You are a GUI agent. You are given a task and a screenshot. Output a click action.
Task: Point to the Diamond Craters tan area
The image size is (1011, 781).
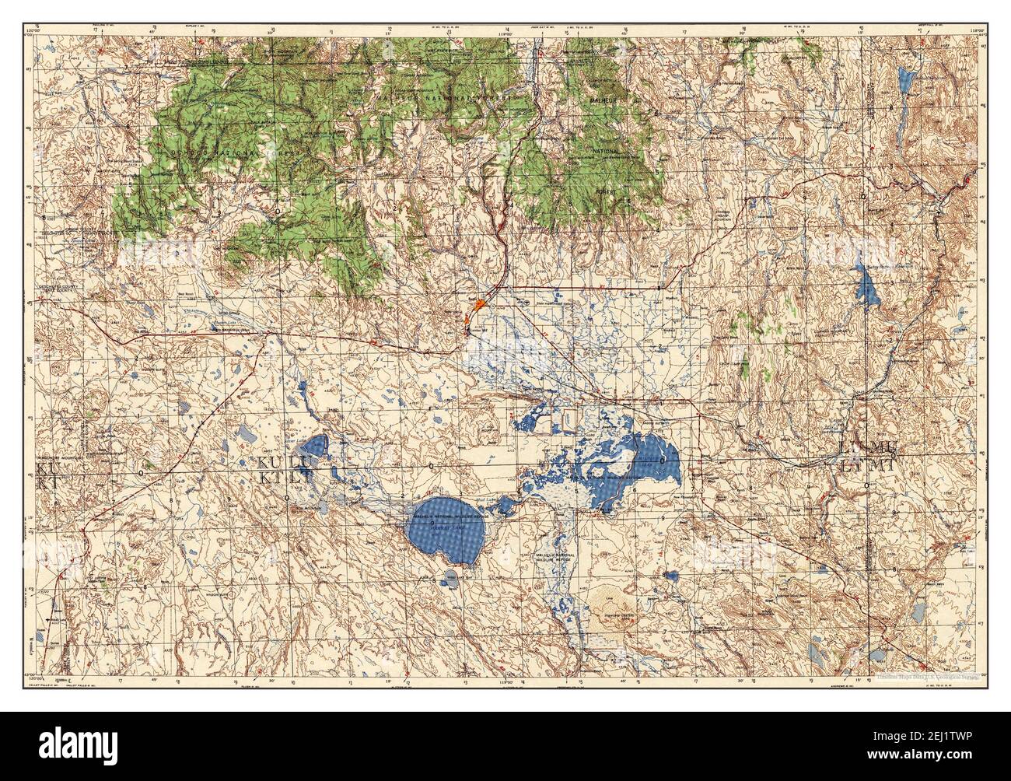(610, 602)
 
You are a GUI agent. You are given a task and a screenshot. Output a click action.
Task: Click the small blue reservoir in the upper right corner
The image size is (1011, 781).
(904, 79)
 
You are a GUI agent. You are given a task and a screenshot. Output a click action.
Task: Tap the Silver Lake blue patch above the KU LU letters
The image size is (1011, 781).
(314, 447)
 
